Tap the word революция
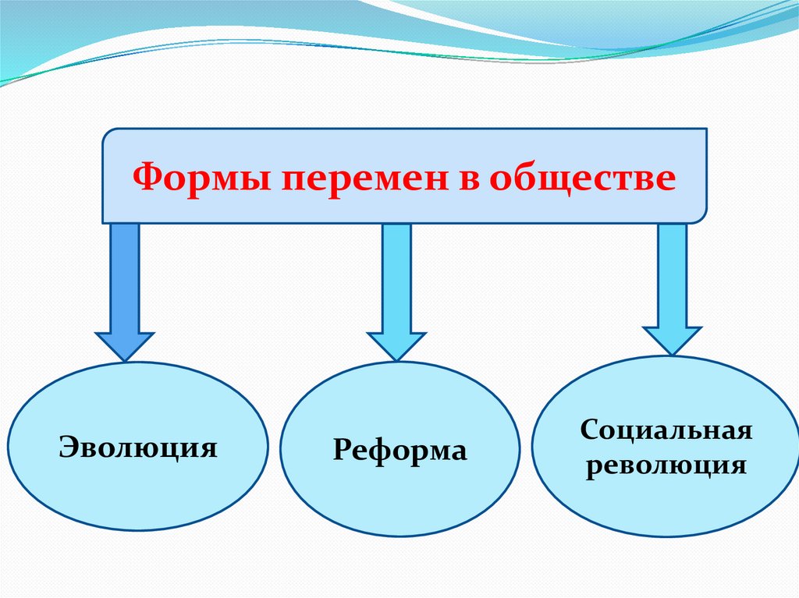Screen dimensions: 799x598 point(666,465)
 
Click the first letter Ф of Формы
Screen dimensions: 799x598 point(144,177)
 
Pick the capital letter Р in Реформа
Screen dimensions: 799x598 point(340,450)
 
